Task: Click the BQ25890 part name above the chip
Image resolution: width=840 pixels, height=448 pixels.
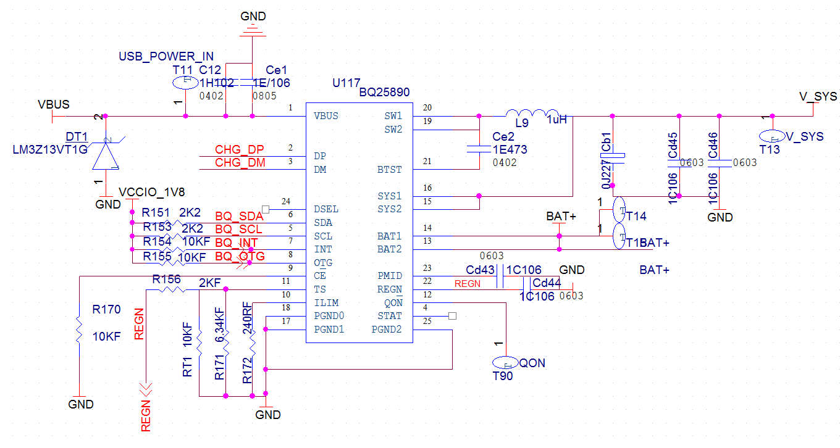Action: point(384,92)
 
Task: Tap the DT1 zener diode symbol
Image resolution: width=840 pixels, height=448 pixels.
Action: point(106,155)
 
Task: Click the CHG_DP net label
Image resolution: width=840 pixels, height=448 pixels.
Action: point(239,150)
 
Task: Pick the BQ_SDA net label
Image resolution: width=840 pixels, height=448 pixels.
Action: point(239,217)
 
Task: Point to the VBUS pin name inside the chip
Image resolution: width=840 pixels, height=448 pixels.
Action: point(326,116)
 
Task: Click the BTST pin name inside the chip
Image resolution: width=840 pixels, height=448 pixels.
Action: point(389,170)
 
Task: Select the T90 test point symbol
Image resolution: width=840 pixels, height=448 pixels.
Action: point(505,363)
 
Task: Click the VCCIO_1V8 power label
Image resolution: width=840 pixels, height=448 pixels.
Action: point(152,191)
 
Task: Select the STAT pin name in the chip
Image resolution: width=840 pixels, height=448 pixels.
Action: point(390,316)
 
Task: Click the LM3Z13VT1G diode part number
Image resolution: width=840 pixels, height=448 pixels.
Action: point(50,150)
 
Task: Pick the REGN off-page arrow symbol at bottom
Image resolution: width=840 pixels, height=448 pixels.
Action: point(146,389)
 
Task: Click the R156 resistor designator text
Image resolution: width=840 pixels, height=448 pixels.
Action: point(167,280)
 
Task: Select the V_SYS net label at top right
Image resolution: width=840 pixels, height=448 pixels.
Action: point(818,97)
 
